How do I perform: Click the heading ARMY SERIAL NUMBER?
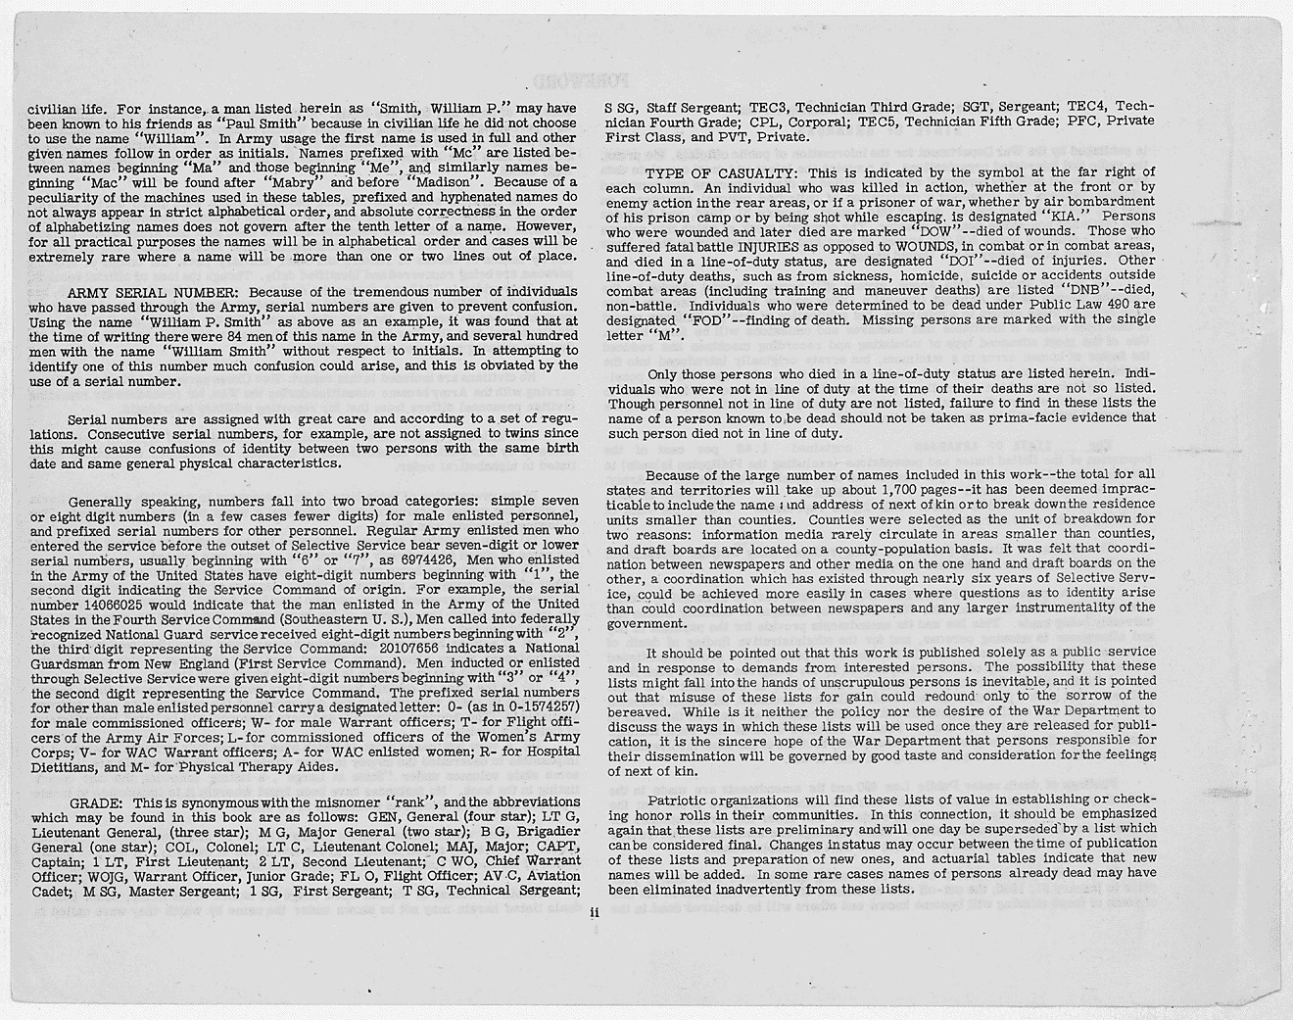coord(155,292)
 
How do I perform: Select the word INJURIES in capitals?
coord(775,247)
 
